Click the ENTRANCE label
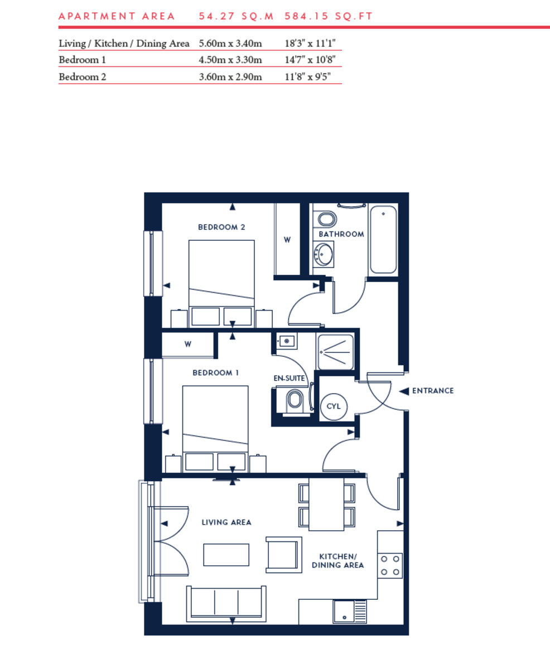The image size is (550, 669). point(432,391)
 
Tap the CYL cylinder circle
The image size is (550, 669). point(334,406)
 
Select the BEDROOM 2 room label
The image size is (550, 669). point(222,227)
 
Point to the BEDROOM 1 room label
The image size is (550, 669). point(216,373)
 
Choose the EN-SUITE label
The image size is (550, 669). point(289,378)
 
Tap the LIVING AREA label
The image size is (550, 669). point(226,522)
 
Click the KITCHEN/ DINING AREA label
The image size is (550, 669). point(341,561)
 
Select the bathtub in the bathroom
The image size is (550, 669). point(383,240)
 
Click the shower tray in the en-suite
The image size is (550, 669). point(335,352)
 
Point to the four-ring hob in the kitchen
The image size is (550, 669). point(390,565)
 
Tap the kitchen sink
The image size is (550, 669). point(349,611)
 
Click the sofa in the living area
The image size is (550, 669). point(226,603)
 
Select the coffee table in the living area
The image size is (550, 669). point(226,555)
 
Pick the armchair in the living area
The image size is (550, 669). point(284,555)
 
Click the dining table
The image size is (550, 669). point(326,505)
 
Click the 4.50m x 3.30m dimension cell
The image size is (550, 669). point(230,60)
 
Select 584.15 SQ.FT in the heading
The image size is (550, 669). point(329,16)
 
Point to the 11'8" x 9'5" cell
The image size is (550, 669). point(305,77)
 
